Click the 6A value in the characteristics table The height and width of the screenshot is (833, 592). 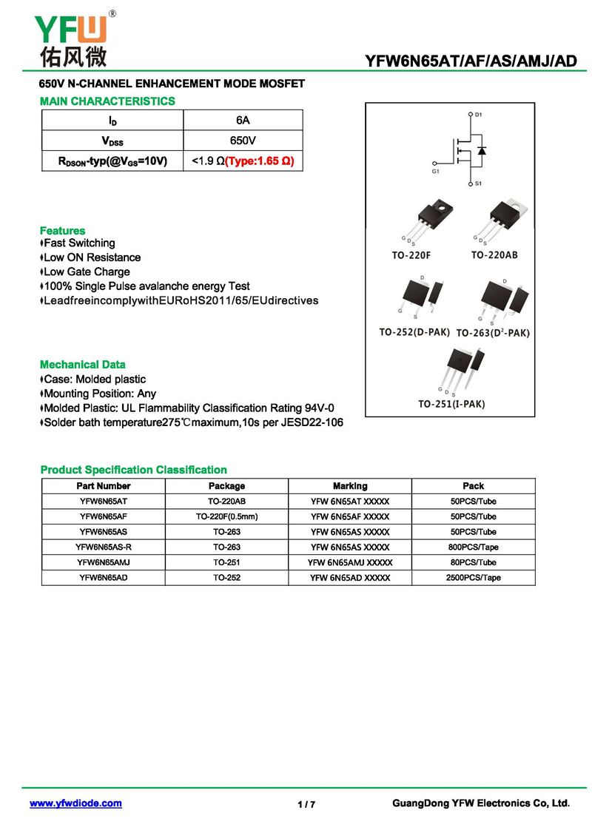(x=243, y=120)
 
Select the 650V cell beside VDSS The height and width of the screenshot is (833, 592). (x=243, y=141)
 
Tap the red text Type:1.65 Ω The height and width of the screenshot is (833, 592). (x=259, y=161)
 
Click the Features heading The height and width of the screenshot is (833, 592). (x=62, y=231)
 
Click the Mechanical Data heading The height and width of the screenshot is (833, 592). (x=82, y=365)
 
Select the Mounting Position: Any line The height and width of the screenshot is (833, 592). (x=99, y=394)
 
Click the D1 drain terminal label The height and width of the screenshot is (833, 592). (x=478, y=115)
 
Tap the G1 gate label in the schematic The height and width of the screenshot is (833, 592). (x=436, y=171)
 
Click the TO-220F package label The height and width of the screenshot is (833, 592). (x=411, y=255)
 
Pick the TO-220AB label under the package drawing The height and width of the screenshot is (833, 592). (x=494, y=255)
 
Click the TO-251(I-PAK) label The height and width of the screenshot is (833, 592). (x=451, y=404)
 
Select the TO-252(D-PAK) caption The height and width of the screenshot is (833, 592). (x=414, y=332)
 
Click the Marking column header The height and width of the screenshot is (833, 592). (x=350, y=486)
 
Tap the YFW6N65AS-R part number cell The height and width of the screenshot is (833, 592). (x=104, y=547)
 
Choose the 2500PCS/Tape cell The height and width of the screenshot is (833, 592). (x=473, y=578)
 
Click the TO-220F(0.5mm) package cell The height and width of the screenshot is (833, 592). (x=226, y=516)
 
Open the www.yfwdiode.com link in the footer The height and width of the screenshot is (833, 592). (x=75, y=803)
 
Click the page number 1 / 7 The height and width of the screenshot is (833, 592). (x=306, y=804)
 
